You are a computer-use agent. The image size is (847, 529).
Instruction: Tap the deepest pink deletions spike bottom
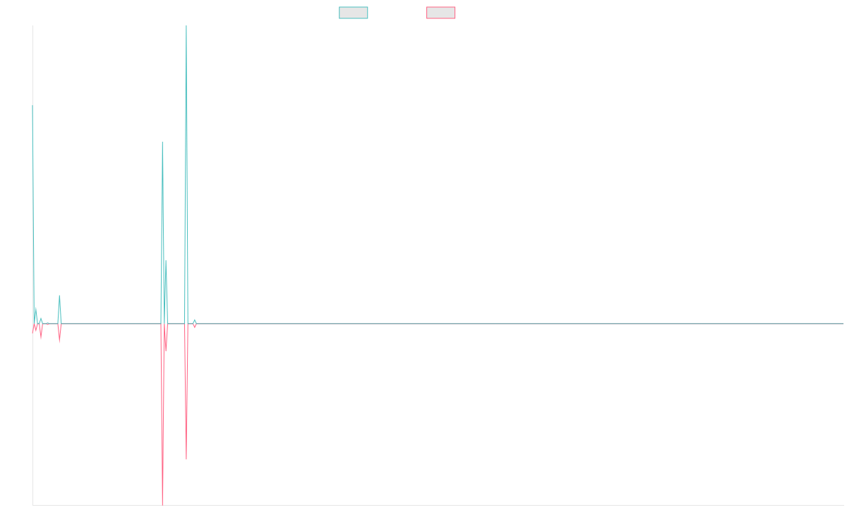coord(162,504)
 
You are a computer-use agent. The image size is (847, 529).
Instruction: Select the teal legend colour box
coord(353,13)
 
